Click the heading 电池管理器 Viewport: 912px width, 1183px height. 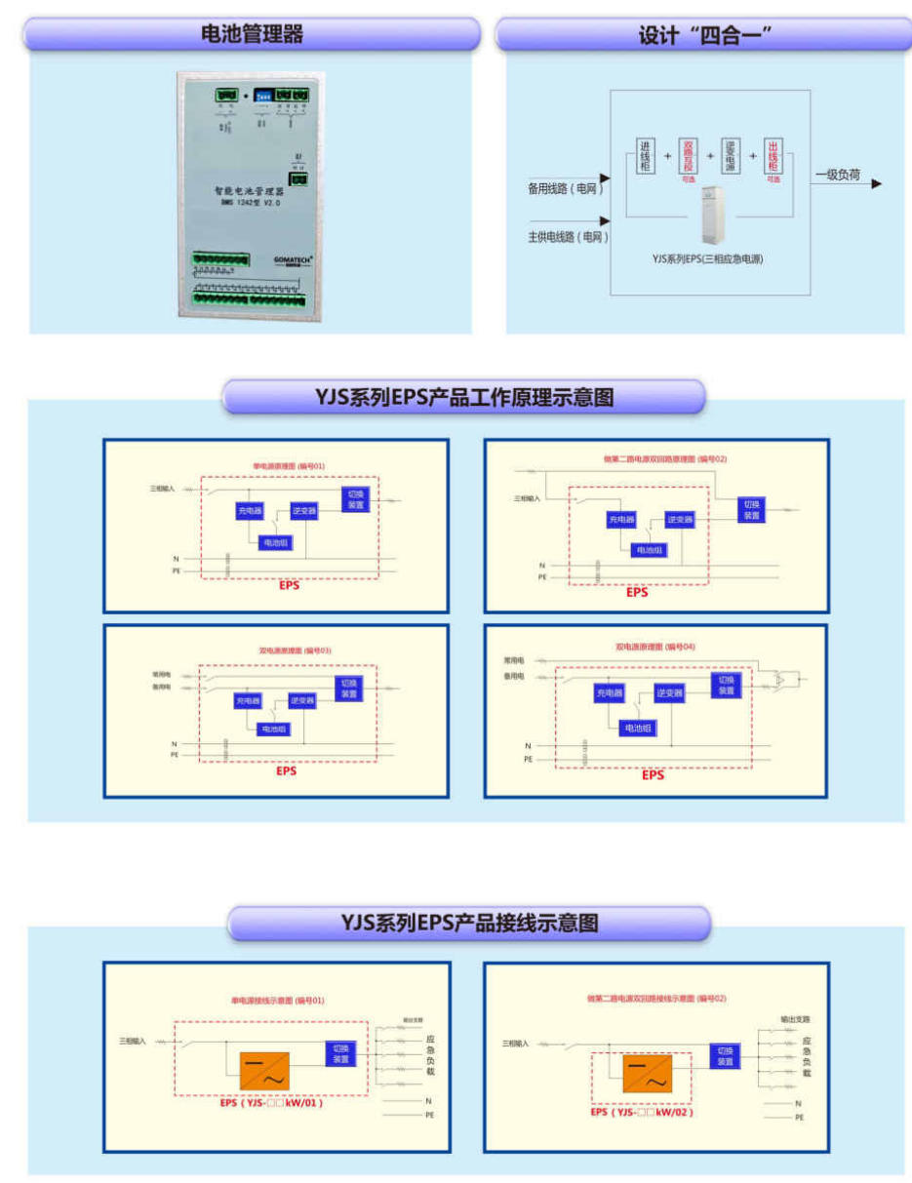(x=252, y=34)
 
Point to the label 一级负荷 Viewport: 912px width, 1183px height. (x=838, y=176)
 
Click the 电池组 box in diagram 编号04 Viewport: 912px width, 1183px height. (x=637, y=728)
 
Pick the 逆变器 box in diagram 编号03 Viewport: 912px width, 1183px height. (x=302, y=700)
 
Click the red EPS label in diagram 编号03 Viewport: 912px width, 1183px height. (x=286, y=770)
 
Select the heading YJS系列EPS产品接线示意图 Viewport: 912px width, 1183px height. (x=469, y=923)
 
